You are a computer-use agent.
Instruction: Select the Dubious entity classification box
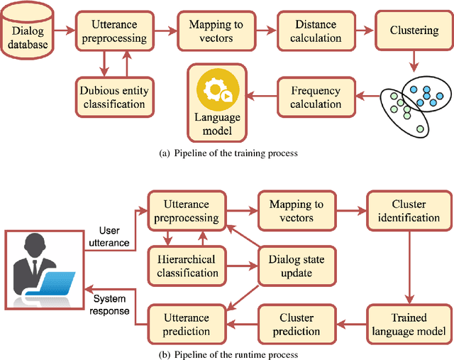click(x=111, y=97)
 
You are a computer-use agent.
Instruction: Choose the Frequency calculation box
click(x=316, y=97)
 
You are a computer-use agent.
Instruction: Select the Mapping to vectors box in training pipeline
click(x=215, y=31)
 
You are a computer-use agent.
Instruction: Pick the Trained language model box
click(x=408, y=323)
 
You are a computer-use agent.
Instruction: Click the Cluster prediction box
click(x=296, y=324)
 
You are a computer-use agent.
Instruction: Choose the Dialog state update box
click(x=296, y=267)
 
